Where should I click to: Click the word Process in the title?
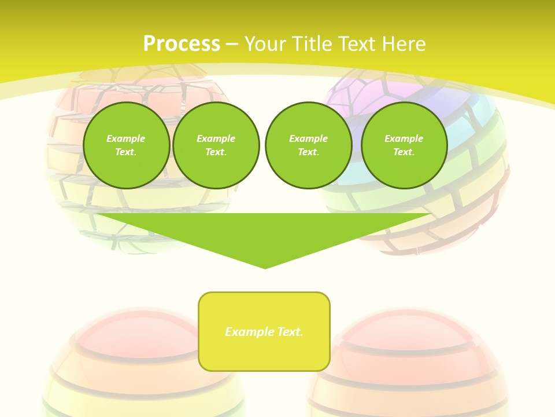182,44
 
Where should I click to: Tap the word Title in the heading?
313,44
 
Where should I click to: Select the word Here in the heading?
404,44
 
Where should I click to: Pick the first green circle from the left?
127,145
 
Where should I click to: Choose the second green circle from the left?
216,145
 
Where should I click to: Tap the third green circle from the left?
309,145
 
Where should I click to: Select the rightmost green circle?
404,145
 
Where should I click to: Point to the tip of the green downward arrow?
265,267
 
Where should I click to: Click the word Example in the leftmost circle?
126,138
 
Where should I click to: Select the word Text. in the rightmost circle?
404,152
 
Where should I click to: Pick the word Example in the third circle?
309,138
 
